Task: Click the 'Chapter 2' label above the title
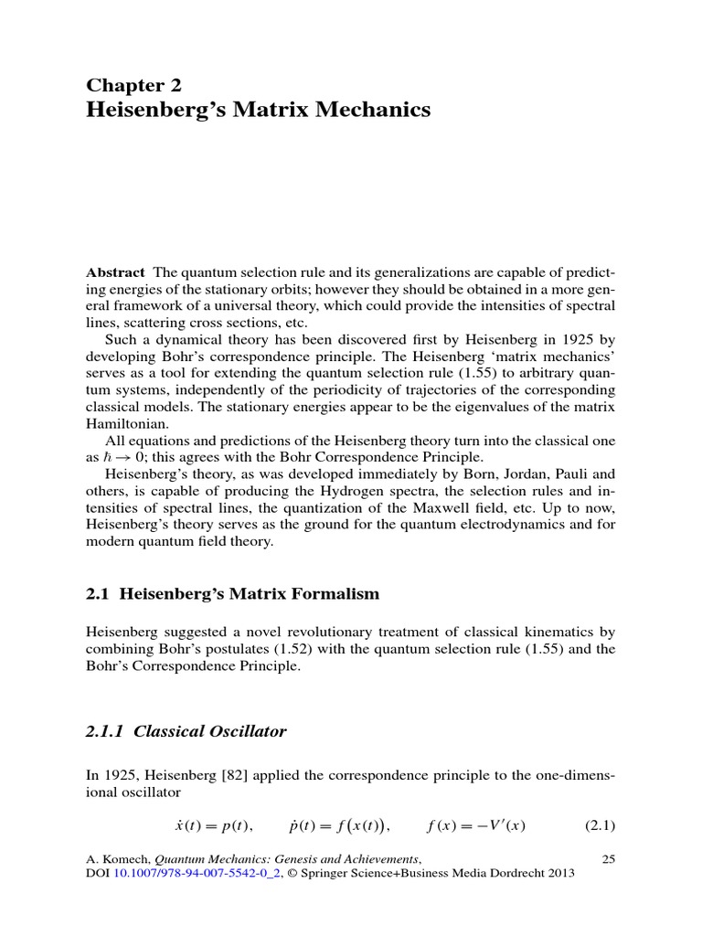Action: [x=133, y=86]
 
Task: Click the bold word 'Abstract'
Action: [x=115, y=272]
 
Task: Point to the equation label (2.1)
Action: [x=600, y=826]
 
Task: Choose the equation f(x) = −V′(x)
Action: [x=480, y=826]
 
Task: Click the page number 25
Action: [x=609, y=858]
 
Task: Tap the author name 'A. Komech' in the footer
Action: [x=116, y=858]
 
